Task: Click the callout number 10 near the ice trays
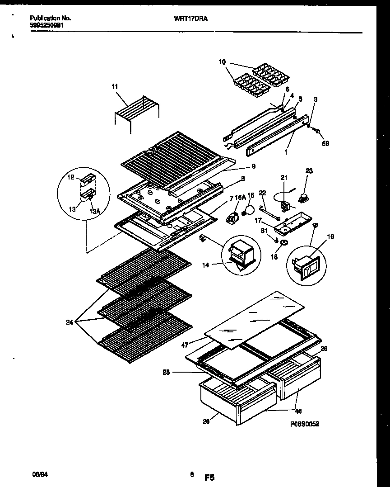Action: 222,62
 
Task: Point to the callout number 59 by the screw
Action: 325,144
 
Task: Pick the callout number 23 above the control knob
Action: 309,171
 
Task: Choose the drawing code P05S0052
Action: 305,424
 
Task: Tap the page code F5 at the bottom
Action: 209,477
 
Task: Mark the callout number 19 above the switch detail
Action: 330,236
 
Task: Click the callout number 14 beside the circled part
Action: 206,265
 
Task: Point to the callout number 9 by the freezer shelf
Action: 253,166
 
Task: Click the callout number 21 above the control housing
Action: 284,178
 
